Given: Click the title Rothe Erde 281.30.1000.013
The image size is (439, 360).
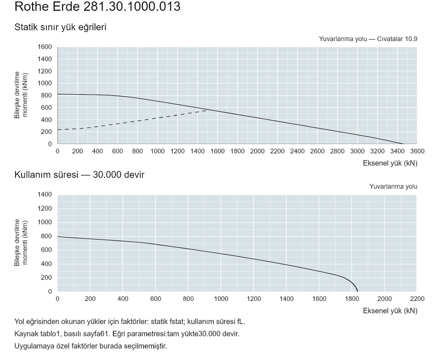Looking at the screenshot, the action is pyautogui.click(x=97, y=6).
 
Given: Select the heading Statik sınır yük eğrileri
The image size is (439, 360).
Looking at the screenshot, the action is pyautogui.click(x=60, y=27).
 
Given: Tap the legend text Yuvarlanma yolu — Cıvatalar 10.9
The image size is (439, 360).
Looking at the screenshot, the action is pyautogui.click(x=368, y=39).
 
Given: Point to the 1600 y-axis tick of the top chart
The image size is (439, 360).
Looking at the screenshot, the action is pyautogui.click(x=45, y=47).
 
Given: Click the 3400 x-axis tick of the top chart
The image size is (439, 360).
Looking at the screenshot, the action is pyautogui.click(x=397, y=151).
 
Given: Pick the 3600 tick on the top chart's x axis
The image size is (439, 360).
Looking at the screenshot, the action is pyautogui.click(x=417, y=151).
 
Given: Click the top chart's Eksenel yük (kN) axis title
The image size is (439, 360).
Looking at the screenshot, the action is pyautogui.click(x=390, y=163).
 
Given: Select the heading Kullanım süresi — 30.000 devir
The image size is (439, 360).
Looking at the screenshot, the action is pyautogui.click(x=79, y=175).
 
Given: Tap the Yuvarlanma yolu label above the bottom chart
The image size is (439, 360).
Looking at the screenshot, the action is pyautogui.click(x=393, y=187).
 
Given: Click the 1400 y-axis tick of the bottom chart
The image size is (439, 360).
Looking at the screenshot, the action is pyautogui.click(x=45, y=194).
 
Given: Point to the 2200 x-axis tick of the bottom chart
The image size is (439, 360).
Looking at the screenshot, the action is pyautogui.click(x=417, y=299).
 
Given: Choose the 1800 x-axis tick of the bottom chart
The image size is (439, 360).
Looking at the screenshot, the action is pyautogui.click(x=352, y=299).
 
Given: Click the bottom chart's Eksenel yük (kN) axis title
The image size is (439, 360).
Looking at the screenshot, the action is pyautogui.click(x=390, y=311).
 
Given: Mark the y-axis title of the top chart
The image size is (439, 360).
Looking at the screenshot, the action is pyautogui.click(x=21, y=95).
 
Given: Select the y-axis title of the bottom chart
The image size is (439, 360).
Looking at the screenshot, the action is pyautogui.click(x=21, y=242).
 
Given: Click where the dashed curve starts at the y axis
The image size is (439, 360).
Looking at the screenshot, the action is pyautogui.click(x=58, y=130).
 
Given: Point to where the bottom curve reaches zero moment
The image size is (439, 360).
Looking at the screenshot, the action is pyautogui.click(x=358, y=291).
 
